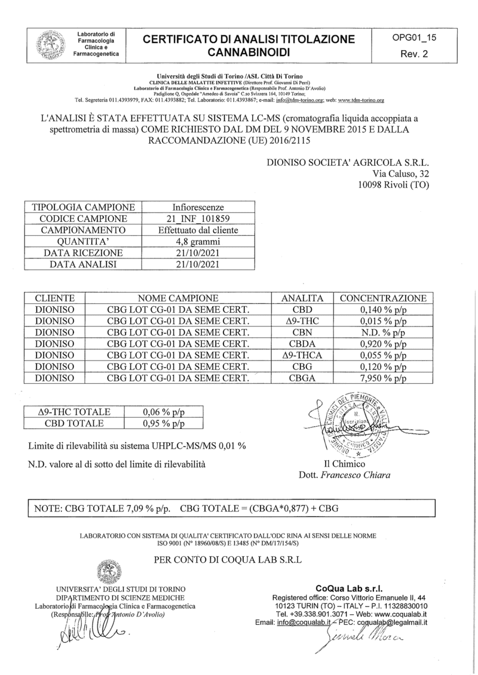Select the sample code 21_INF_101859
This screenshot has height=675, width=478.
coord(197,218)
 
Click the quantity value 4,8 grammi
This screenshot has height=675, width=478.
coord(197,241)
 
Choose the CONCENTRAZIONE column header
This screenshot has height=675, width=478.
coord(383,298)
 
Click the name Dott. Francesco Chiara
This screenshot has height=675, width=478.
coord(343,475)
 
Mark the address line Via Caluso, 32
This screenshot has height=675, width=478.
coord(400,173)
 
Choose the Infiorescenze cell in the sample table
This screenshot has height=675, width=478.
coord(197,207)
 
